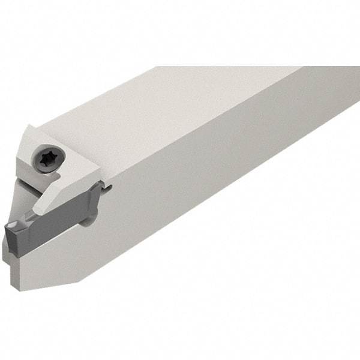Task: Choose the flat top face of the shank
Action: tap(180, 102)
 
